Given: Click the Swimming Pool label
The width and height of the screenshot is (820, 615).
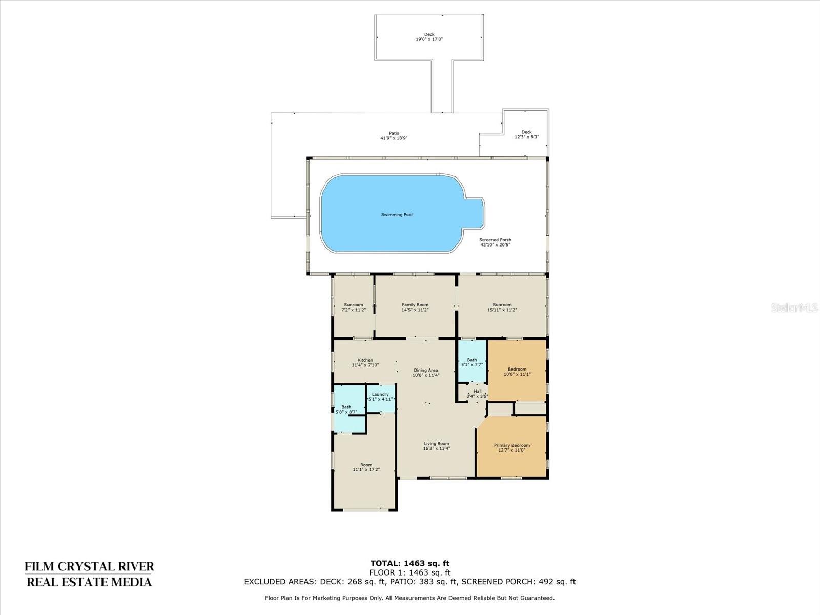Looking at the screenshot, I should click(x=397, y=215).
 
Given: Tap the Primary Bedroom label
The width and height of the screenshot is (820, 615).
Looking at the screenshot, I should click(x=511, y=446).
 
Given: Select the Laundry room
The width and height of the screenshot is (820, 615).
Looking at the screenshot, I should click(x=380, y=397).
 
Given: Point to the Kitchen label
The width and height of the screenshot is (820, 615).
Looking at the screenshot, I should click(x=365, y=360).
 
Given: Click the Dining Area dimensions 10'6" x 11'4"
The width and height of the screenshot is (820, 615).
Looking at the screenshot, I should click(x=426, y=375).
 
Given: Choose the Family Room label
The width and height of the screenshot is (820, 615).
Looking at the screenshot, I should click(x=415, y=305).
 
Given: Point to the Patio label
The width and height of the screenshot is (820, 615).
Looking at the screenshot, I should click(x=394, y=133).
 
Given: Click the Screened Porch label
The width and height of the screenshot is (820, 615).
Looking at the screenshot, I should click(x=495, y=240).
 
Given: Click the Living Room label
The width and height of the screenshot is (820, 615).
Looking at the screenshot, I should click(x=436, y=444).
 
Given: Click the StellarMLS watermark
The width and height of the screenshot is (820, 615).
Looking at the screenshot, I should click(x=794, y=307).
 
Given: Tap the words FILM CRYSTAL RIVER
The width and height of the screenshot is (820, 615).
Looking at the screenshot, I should click(x=89, y=566).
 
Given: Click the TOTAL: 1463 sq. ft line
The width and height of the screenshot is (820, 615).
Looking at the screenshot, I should click(x=409, y=563).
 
